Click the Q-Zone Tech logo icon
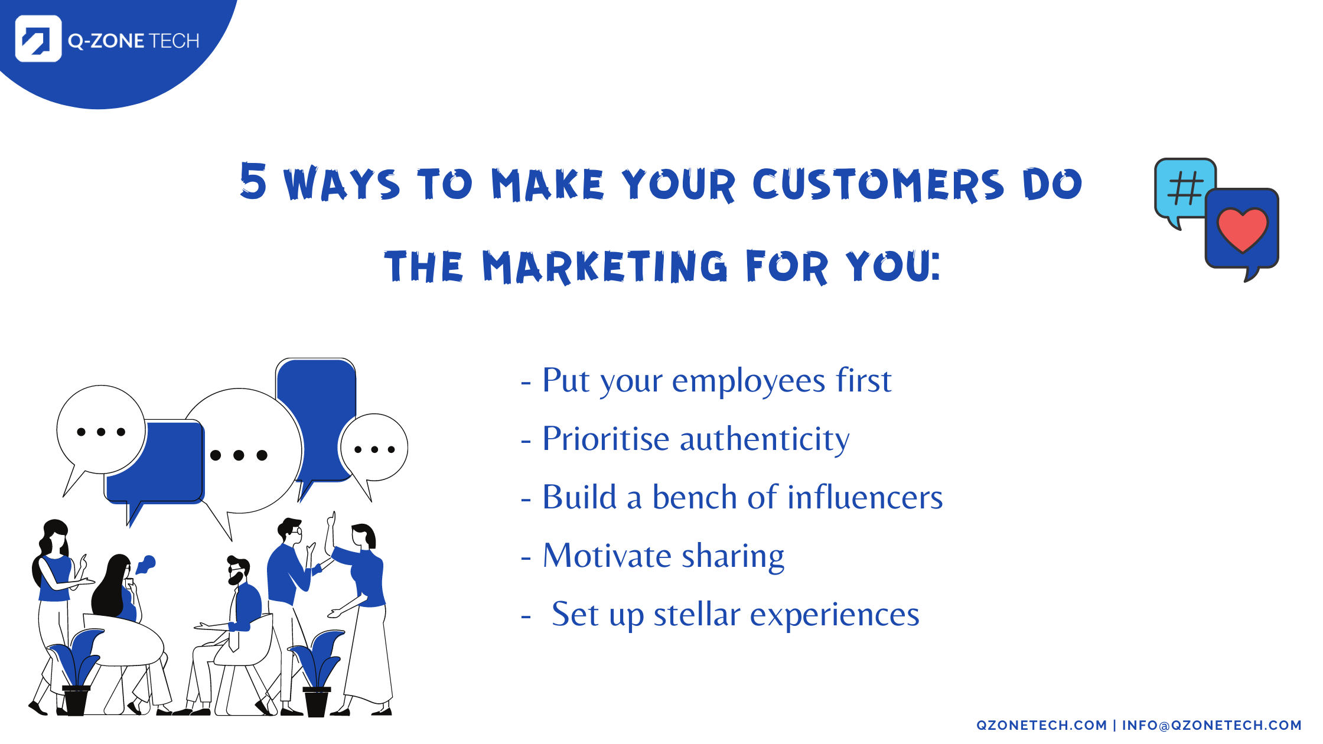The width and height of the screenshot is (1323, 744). (38, 39)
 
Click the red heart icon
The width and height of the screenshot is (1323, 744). (1243, 230)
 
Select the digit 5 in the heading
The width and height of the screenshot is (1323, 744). (253, 181)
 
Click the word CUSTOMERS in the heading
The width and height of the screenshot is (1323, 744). (878, 184)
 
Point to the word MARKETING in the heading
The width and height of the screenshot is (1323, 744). (605, 267)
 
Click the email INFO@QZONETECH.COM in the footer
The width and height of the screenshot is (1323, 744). (1211, 725)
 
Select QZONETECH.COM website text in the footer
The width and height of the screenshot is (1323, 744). (1041, 725)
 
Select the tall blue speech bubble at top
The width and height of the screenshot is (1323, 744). (317, 413)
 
